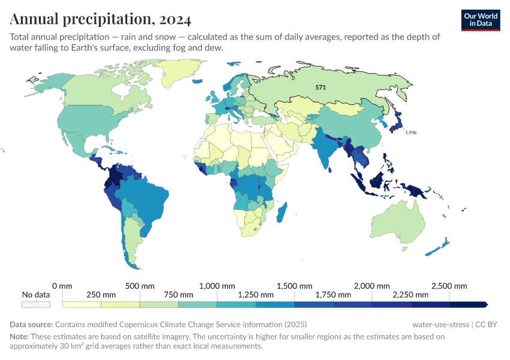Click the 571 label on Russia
[x=321, y=88]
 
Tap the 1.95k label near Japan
[x=410, y=133]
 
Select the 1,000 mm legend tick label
[x=217, y=286]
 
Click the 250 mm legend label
[x=101, y=295]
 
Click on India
[x=326, y=150]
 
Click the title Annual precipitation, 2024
[x=100, y=19]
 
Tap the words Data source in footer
[x=31, y=325]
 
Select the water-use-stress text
[x=440, y=325]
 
